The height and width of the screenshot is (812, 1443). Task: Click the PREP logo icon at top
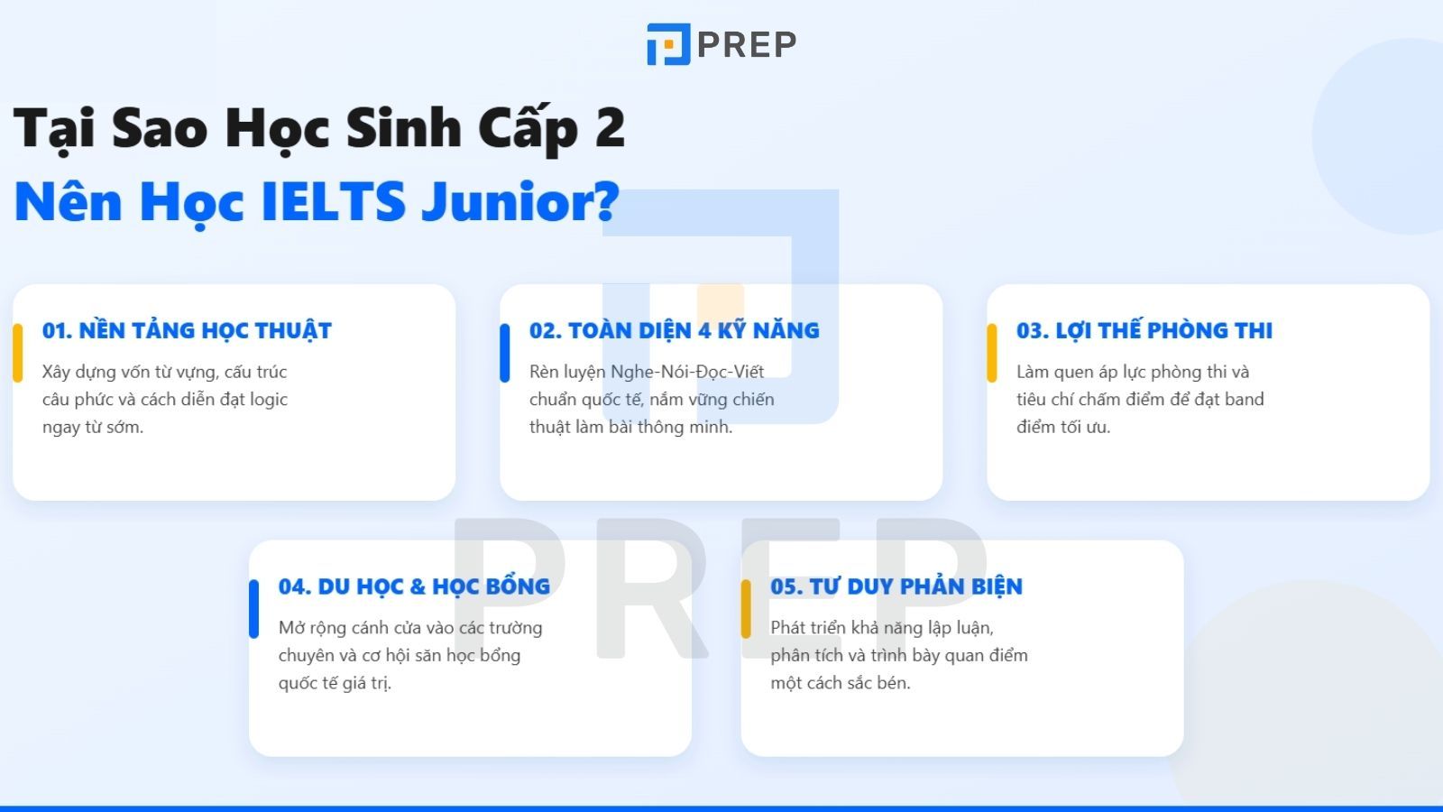click(x=668, y=44)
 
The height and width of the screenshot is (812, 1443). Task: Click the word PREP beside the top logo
click(x=747, y=44)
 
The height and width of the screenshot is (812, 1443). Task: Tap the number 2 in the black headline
click(x=610, y=127)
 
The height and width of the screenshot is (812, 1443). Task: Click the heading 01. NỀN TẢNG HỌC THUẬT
click(x=187, y=330)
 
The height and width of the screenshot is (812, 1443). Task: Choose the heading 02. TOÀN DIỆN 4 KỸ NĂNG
click(x=674, y=330)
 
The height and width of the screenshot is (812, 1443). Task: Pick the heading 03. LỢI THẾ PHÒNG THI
click(x=1144, y=330)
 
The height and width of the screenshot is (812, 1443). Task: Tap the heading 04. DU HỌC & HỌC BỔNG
click(x=414, y=586)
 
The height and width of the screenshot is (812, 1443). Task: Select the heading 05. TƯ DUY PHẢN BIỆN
click(x=896, y=586)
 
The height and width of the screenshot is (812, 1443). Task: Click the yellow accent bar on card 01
click(x=17, y=353)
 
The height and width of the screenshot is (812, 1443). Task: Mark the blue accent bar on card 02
click(x=505, y=353)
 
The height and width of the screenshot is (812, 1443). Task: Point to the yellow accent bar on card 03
click(x=992, y=353)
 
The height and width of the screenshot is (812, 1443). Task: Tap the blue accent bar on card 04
click(x=254, y=609)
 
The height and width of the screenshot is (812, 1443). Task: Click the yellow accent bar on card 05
click(x=746, y=609)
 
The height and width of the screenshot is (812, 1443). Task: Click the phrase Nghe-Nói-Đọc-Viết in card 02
click(x=687, y=372)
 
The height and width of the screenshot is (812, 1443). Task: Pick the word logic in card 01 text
click(x=269, y=399)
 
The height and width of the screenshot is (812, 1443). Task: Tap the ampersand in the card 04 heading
click(x=418, y=586)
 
